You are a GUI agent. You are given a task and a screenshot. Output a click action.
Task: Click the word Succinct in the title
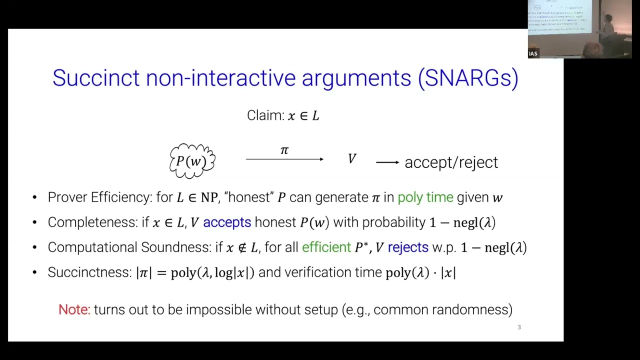point(96,78)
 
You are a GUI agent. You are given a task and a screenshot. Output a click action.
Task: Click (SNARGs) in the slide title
point(468,78)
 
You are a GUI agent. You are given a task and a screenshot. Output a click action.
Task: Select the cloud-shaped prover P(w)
point(192,161)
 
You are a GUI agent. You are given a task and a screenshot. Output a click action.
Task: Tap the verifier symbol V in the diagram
point(352,159)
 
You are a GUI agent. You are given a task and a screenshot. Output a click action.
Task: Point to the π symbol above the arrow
point(284,150)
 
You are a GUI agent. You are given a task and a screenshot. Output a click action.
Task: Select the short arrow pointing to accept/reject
point(387,162)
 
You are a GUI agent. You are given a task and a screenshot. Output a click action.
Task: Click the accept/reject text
point(451,162)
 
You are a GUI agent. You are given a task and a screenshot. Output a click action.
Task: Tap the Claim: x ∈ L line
point(283,115)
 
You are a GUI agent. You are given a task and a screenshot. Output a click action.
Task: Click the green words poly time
point(425,197)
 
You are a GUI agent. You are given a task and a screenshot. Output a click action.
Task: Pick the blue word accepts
point(227,222)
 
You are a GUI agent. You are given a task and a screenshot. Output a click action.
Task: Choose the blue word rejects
point(408,247)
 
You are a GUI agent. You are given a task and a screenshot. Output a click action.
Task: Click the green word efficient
point(326,247)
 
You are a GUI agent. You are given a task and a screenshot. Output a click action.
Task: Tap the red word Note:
point(74,309)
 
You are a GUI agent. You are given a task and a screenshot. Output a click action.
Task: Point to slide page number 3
point(519,327)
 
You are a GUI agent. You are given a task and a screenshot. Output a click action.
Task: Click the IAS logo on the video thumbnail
point(533,53)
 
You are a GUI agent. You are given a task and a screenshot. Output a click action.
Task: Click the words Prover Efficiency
point(99,197)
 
